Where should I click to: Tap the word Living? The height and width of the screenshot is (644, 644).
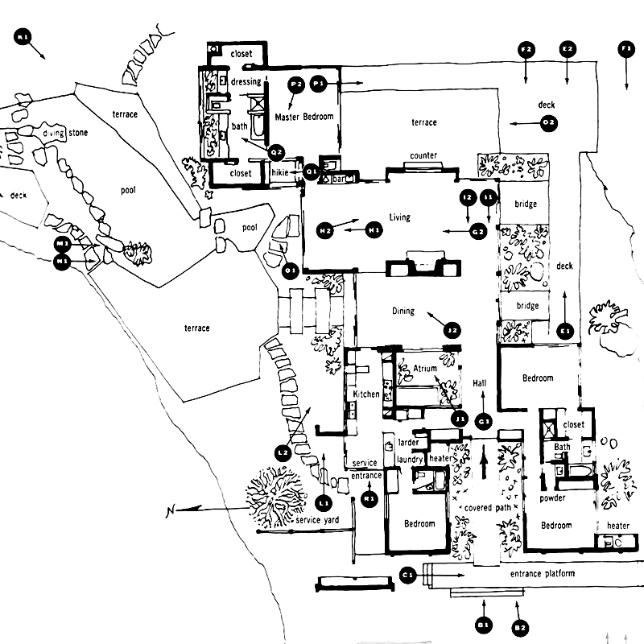pyautogui.click(x=399, y=217)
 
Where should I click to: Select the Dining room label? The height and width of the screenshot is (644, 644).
pyautogui.click(x=403, y=311)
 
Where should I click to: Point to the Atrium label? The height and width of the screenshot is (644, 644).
pyautogui.click(x=425, y=369)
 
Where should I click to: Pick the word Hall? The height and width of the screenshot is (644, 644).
pyautogui.click(x=481, y=384)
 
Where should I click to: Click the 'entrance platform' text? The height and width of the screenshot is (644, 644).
pyautogui.click(x=543, y=574)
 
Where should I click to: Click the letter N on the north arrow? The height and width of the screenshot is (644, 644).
pyautogui.click(x=170, y=512)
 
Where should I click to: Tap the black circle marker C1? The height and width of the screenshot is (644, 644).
pyautogui.click(x=407, y=575)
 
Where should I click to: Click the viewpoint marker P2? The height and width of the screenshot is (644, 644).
pyautogui.click(x=295, y=83)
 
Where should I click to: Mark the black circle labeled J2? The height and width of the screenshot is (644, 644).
pyautogui.click(x=452, y=328)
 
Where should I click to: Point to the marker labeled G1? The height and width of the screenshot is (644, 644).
pyautogui.click(x=484, y=421)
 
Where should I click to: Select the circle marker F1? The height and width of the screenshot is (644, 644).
pyautogui.click(x=626, y=50)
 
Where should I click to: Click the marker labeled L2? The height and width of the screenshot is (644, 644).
pyautogui.click(x=283, y=452)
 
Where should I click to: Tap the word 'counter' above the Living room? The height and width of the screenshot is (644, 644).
pyautogui.click(x=423, y=155)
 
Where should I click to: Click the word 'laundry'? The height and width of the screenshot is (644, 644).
pyautogui.click(x=411, y=459)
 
